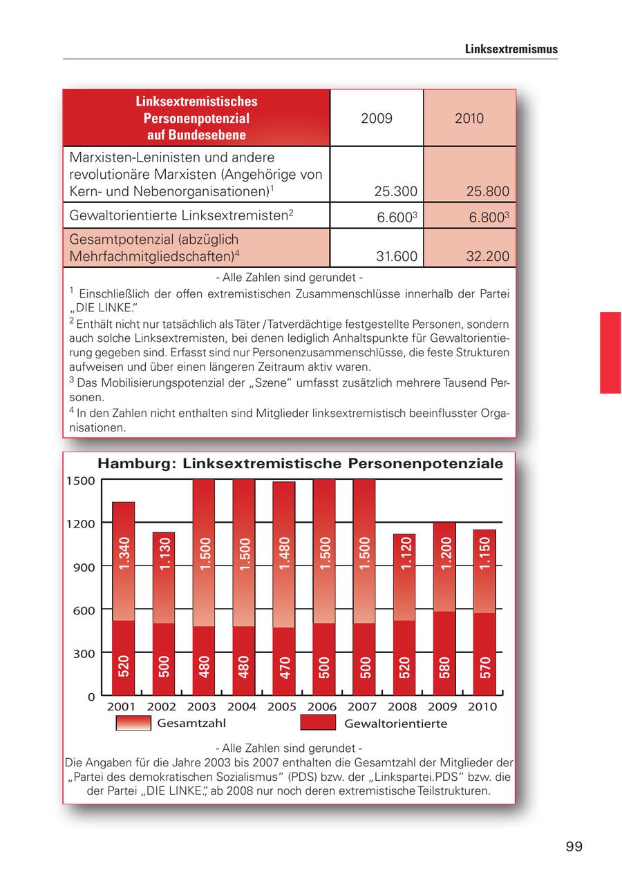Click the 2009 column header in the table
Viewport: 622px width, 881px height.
(x=377, y=118)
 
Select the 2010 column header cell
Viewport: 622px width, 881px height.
(x=469, y=118)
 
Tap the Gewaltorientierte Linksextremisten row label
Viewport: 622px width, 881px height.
(x=182, y=215)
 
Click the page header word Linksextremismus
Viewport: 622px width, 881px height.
(x=511, y=50)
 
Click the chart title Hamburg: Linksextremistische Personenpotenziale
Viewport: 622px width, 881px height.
(x=300, y=463)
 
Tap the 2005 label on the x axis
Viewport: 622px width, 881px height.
(x=281, y=707)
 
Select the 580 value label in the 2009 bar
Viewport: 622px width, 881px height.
(x=444, y=668)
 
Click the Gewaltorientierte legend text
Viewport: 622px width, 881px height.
(x=395, y=724)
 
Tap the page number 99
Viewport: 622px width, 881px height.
(x=574, y=846)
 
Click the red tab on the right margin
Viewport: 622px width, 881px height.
(x=610, y=353)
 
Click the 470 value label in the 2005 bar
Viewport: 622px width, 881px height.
(x=284, y=668)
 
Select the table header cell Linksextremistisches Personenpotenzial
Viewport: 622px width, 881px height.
(x=196, y=118)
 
